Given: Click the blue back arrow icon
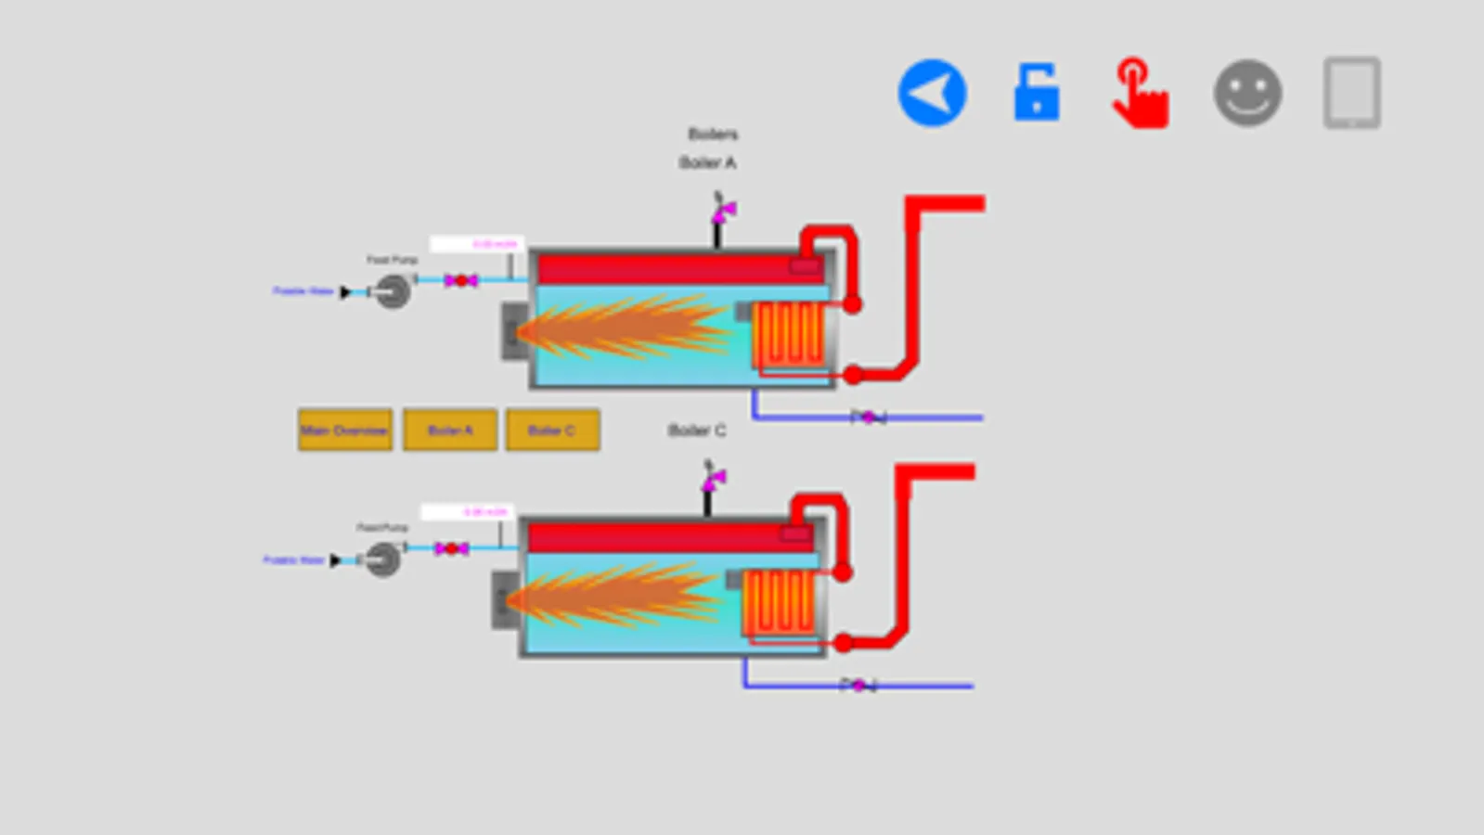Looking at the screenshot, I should click(x=932, y=93).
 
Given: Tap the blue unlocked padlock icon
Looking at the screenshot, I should click(x=1037, y=93).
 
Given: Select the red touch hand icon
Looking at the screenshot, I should click(x=1141, y=93).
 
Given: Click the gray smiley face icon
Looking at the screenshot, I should click(x=1247, y=93).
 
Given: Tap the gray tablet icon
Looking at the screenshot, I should click(x=1351, y=93).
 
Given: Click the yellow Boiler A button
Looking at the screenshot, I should click(x=450, y=430).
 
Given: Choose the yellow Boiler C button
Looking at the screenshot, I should click(x=552, y=430).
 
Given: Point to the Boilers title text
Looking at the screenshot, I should click(x=713, y=134).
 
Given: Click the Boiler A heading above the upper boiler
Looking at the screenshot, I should click(x=707, y=162).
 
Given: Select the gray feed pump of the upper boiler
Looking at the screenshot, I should click(x=393, y=291).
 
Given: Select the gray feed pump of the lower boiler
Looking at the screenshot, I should click(x=382, y=559).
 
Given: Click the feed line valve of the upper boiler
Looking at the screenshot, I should click(x=460, y=280).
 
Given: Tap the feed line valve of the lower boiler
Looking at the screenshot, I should click(x=451, y=548).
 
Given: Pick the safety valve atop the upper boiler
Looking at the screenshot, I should click(x=723, y=212).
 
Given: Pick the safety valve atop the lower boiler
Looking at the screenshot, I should click(x=713, y=480).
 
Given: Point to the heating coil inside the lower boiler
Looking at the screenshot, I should click(x=779, y=601).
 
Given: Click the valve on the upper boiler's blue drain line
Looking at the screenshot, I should click(x=869, y=417).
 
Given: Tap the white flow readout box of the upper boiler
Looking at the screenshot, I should click(x=477, y=244).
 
